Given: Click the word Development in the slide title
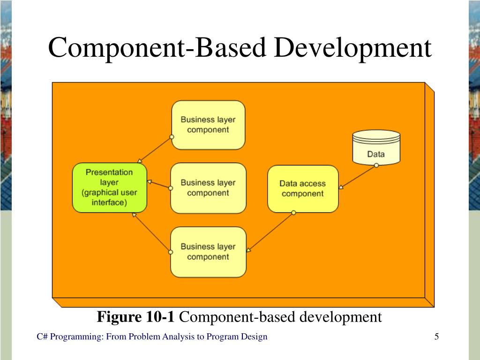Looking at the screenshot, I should pyautogui.click(x=352, y=48).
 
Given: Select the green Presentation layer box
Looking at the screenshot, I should pyautogui.click(x=109, y=187).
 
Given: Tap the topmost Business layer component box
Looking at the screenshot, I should pyautogui.click(x=208, y=125).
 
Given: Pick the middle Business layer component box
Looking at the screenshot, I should pyautogui.click(x=208, y=187).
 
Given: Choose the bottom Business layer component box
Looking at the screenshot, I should pyautogui.click(x=208, y=252).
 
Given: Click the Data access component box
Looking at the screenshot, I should pyautogui.click(x=302, y=188).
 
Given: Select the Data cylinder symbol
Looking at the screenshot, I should pyautogui.click(x=376, y=147).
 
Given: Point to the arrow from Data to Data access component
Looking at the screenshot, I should pyautogui.click(x=358, y=177).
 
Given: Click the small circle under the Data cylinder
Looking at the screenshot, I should pyautogui.click(x=376, y=165).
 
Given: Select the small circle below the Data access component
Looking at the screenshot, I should pyautogui.click(x=293, y=213).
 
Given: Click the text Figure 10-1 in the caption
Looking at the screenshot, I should pyautogui.click(x=136, y=317).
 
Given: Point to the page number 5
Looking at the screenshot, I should pyautogui.click(x=436, y=337).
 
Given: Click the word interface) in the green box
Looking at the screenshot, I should pyautogui.click(x=109, y=203).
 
